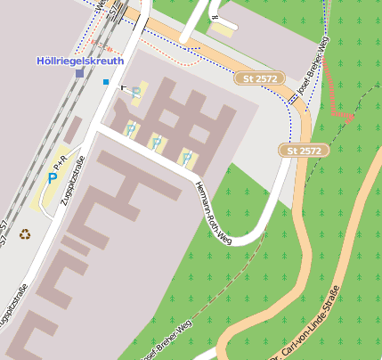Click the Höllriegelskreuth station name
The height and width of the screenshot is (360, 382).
(80, 61)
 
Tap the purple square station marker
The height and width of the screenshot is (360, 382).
(80, 73)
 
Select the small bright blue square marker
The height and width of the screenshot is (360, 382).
(106, 83)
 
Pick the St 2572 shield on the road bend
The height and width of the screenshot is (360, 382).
(304, 151)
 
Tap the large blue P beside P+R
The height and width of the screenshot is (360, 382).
(52, 178)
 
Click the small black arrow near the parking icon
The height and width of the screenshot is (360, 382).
(124, 88)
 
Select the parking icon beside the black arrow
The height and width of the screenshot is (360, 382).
(136, 92)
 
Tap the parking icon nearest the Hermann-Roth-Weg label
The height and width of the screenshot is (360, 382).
(187, 158)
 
